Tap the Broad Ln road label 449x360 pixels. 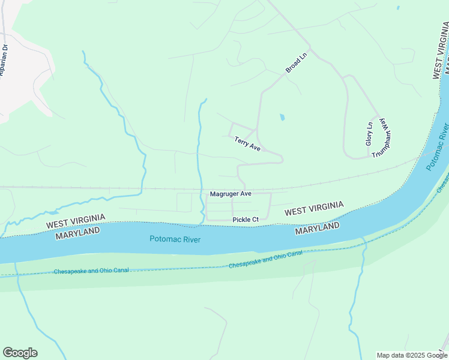click(x=296, y=61)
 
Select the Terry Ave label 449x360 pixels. click(x=247, y=143)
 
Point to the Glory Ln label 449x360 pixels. click(x=369, y=134)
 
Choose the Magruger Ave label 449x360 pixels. click(x=231, y=194)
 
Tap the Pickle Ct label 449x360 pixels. click(x=246, y=220)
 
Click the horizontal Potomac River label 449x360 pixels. click(x=175, y=239)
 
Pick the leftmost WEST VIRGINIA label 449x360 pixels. click(x=76, y=220)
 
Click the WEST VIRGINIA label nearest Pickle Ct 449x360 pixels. click(x=314, y=209)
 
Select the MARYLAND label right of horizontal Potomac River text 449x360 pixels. click(x=318, y=229)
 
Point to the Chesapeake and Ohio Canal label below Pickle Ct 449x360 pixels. click(x=265, y=259)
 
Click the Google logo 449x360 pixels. click(x=20, y=353)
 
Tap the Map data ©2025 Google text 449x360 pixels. click(x=412, y=355)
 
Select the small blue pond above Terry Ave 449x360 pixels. click(x=282, y=118)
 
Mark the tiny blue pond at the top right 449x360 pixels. click(x=397, y=8)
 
